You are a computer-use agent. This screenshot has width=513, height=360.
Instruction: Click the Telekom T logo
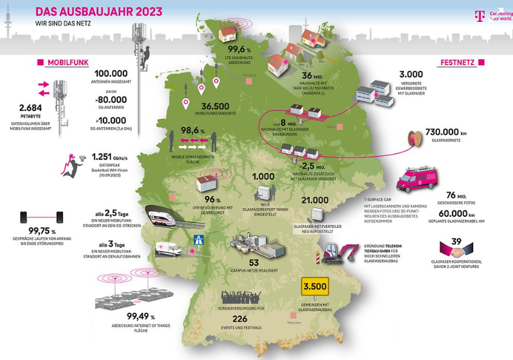[479, 16]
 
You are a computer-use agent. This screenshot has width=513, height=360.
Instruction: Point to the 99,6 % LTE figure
[239, 50]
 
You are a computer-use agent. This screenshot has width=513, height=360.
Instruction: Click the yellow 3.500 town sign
[314, 288]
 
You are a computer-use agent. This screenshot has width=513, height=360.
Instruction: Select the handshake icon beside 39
[457, 250]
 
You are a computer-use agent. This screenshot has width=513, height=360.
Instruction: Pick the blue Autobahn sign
[199, 239]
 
